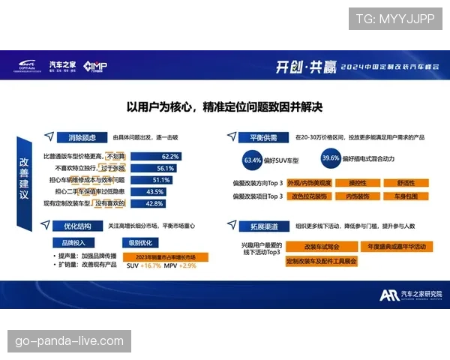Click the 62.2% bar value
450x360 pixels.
170,156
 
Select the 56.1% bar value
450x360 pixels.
166,168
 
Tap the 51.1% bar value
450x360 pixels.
162,180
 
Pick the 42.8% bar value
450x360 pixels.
154,203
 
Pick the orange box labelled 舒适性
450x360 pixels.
404,183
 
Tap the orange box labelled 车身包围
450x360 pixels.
404,196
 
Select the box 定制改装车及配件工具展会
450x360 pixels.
322,261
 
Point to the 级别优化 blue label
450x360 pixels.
140,242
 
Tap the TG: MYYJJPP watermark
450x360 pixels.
394,19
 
